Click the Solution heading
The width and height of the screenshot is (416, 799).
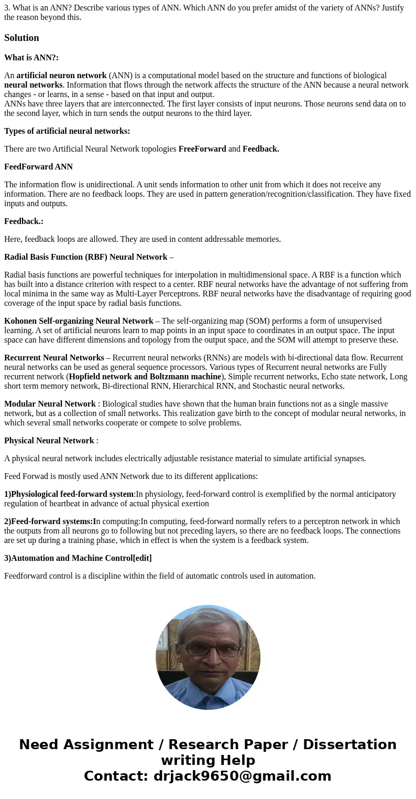point(21,38)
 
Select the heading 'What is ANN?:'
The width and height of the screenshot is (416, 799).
point(31,58)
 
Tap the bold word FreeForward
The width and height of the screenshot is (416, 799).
point(202,149)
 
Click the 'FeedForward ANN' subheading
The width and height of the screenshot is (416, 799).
point(38,167)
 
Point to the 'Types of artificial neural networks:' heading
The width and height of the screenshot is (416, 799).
point(67,131)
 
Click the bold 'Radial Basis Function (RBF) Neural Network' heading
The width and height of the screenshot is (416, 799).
point(86,257)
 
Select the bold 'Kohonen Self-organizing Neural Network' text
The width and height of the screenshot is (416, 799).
point(79,321)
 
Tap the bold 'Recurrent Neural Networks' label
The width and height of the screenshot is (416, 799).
point(54,358)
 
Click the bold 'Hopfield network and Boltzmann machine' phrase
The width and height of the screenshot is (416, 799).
point(145,377)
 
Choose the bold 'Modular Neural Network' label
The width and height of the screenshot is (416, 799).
point(50,404)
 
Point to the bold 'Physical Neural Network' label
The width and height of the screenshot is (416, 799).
point(49,441)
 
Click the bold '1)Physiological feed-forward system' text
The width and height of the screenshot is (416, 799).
point(69,494)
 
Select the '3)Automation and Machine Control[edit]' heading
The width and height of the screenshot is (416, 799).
point(78,558)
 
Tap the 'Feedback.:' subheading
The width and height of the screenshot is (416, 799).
point(24,221)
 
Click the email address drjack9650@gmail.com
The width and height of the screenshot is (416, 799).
point(242,776)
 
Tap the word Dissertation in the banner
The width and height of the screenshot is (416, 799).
point(349,744)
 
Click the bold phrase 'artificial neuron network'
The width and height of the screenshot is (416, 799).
point(61,76)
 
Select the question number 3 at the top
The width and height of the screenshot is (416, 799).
point(7,8)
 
